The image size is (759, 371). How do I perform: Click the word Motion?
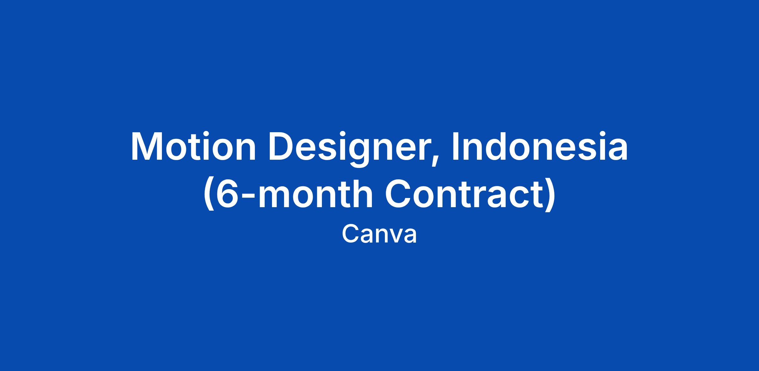[193, 147]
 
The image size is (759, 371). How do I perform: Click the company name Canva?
[379, 234]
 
